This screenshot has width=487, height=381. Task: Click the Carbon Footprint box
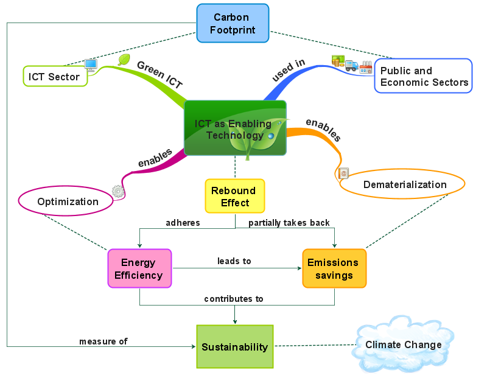233,23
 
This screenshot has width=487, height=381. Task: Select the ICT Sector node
54,77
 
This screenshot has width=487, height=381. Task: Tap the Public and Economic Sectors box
424,76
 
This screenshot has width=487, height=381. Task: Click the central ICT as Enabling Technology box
234,128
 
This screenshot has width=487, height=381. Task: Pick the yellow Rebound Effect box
234,196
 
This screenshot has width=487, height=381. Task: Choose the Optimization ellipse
67,201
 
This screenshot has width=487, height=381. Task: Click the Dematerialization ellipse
404,184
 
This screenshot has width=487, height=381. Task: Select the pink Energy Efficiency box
141,268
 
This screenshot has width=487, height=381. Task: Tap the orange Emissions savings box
334,268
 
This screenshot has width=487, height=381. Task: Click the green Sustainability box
234,347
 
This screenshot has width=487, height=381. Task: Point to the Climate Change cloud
403,345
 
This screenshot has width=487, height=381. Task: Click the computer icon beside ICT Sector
91,65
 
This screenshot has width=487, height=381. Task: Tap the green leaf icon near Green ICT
124,60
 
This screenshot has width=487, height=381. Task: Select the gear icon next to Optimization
118,191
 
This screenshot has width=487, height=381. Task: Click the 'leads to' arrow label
234,261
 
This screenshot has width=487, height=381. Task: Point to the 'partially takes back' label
289,223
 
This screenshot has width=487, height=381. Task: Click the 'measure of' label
103,341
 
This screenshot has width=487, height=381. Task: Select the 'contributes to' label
234,299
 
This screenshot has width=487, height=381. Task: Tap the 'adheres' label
183,223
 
